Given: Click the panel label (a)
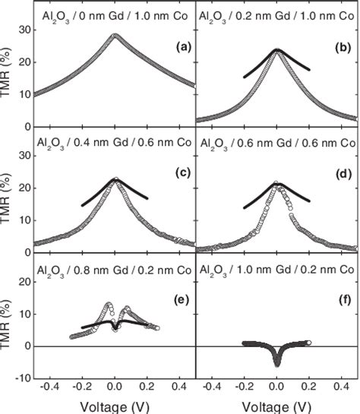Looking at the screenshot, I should pos(182,47).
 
